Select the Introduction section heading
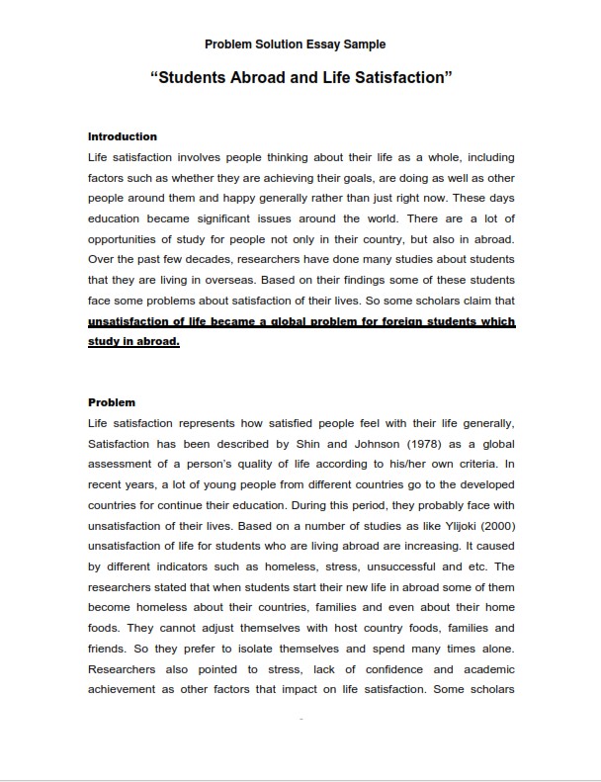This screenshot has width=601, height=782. pos(123,136)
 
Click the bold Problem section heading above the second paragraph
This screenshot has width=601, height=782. pos(112,402)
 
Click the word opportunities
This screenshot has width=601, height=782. pos(128,239)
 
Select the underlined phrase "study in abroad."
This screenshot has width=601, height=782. pos(133,342)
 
